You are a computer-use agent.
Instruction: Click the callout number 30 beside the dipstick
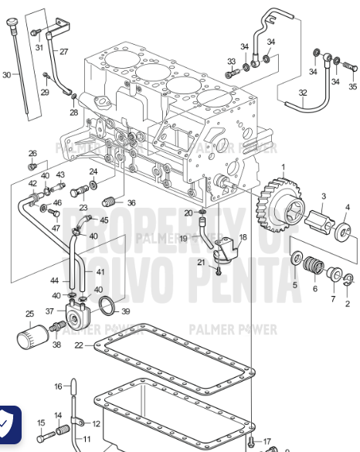(7, 75)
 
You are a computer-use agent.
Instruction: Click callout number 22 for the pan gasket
(78, 345)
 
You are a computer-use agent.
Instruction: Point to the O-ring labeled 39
(112, 307)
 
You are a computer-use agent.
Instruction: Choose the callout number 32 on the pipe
(303, 93)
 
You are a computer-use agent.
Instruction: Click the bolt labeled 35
(352, 87)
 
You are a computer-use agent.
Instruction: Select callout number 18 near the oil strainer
(243, 237)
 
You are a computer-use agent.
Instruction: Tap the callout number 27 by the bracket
(63, 52)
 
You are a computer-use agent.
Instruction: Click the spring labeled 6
(313, 268)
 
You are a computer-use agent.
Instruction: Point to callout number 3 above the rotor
(324, 196)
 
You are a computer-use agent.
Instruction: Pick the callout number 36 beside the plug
(131, 203)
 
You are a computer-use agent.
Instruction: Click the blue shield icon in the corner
(8, 424)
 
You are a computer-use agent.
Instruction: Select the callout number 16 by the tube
(58, 386)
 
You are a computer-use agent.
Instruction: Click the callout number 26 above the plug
(32, 153)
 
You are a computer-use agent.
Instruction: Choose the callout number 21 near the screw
(201, 263)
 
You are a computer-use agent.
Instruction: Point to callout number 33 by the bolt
(231, 61)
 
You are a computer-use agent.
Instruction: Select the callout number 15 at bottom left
(41, 423)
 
